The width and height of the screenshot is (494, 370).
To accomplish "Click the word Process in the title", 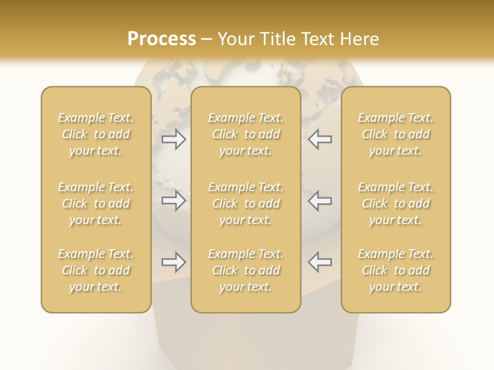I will pos(162,39).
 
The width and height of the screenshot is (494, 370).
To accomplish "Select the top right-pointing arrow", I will pos(174,139).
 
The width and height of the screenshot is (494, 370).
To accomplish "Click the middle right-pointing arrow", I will pos(174,200).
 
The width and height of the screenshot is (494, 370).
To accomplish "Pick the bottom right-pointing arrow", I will pos(174,262).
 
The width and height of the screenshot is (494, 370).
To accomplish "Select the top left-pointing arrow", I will pos(320,139).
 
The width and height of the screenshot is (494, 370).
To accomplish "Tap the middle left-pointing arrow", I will pos(320,200).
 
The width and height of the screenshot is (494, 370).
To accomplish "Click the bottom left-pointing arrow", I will pos(320,262).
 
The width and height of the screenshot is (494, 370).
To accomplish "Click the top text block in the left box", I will pos(96,134).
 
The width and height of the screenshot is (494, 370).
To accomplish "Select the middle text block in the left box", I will pos(96,203).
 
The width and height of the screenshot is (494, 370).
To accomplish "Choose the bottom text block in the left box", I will pos(96,270).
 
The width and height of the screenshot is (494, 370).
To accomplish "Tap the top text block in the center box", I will pos(245,134).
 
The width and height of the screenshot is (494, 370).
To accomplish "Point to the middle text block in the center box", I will pos(245,203).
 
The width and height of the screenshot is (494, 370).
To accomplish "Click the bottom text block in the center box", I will pos(245,270).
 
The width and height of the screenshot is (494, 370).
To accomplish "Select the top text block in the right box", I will pos(395,134).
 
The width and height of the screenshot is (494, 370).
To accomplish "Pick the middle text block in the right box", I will pos(395,203).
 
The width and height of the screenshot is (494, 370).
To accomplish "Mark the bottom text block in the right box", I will pos(395,270).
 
